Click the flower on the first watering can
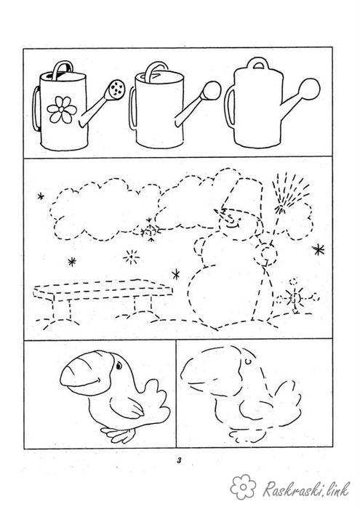62,110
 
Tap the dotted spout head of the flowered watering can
116,89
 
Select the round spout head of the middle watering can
212,90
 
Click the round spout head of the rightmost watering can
309,89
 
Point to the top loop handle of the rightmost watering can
258,63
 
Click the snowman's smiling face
232,219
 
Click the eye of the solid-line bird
119,366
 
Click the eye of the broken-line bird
248,361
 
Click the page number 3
179,460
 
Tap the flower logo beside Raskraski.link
243,487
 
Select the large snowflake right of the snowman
319,249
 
